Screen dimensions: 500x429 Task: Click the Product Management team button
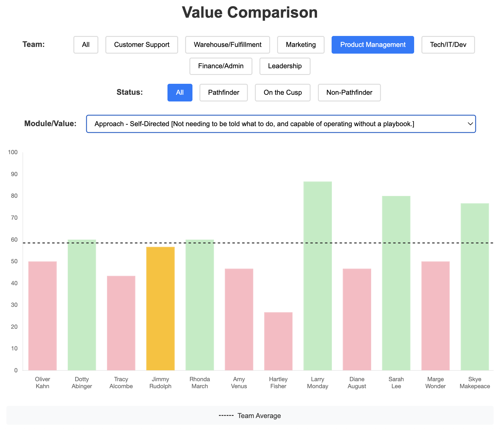pos(373,45)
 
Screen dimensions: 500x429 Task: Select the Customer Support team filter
pos(142,45)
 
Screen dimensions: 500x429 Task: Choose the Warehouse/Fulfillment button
pos(227,45)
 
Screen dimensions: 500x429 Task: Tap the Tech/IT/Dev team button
pos(448,45)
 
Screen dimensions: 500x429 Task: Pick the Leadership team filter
pos(285,66)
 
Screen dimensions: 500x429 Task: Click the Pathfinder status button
pos(224,93)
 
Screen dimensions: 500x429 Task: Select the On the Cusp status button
pos(283,93)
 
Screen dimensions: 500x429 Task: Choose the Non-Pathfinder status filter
pos(349,93)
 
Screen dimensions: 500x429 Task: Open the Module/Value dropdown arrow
pos(470,124)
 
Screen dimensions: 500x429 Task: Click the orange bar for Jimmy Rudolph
pos(160,309)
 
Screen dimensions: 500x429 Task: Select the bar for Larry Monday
pos(318,276)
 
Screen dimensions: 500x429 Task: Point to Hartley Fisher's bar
pos(278,341)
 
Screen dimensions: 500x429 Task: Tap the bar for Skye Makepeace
pos(475,287)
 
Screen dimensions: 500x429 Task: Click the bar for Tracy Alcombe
pos(121,323)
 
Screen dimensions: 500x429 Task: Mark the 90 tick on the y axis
pos(14,174)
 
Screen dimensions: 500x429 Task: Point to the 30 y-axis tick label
pos(14,305)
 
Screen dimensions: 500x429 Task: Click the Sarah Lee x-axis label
pos(396,383)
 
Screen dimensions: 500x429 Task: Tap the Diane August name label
pos(357,383)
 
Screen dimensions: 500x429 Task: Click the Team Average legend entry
pos(250,416)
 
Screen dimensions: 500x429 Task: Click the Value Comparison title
pos(250,12)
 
